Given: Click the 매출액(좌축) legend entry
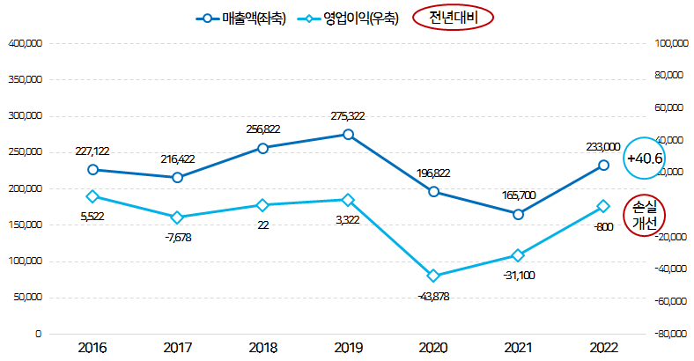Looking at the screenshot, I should (x=240, y=18).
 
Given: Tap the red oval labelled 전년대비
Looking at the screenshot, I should (x=454, y=18).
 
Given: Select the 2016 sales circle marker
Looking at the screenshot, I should (x=92, y=170).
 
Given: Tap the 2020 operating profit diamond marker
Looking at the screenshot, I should (x=433, y=276).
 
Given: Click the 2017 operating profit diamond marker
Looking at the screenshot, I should (x=177, y=217).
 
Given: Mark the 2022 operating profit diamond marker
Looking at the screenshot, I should (x=603, y=206).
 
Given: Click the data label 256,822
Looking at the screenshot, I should (x=262, y=129).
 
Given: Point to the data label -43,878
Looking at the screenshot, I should (x=433, y=296).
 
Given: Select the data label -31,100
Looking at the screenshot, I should (x=518, y=276).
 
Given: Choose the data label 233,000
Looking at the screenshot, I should (x=602, y=147).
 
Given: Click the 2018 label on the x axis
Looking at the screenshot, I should (x=262, y=348).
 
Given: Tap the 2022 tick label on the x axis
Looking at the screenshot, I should (x=603, y=348).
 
